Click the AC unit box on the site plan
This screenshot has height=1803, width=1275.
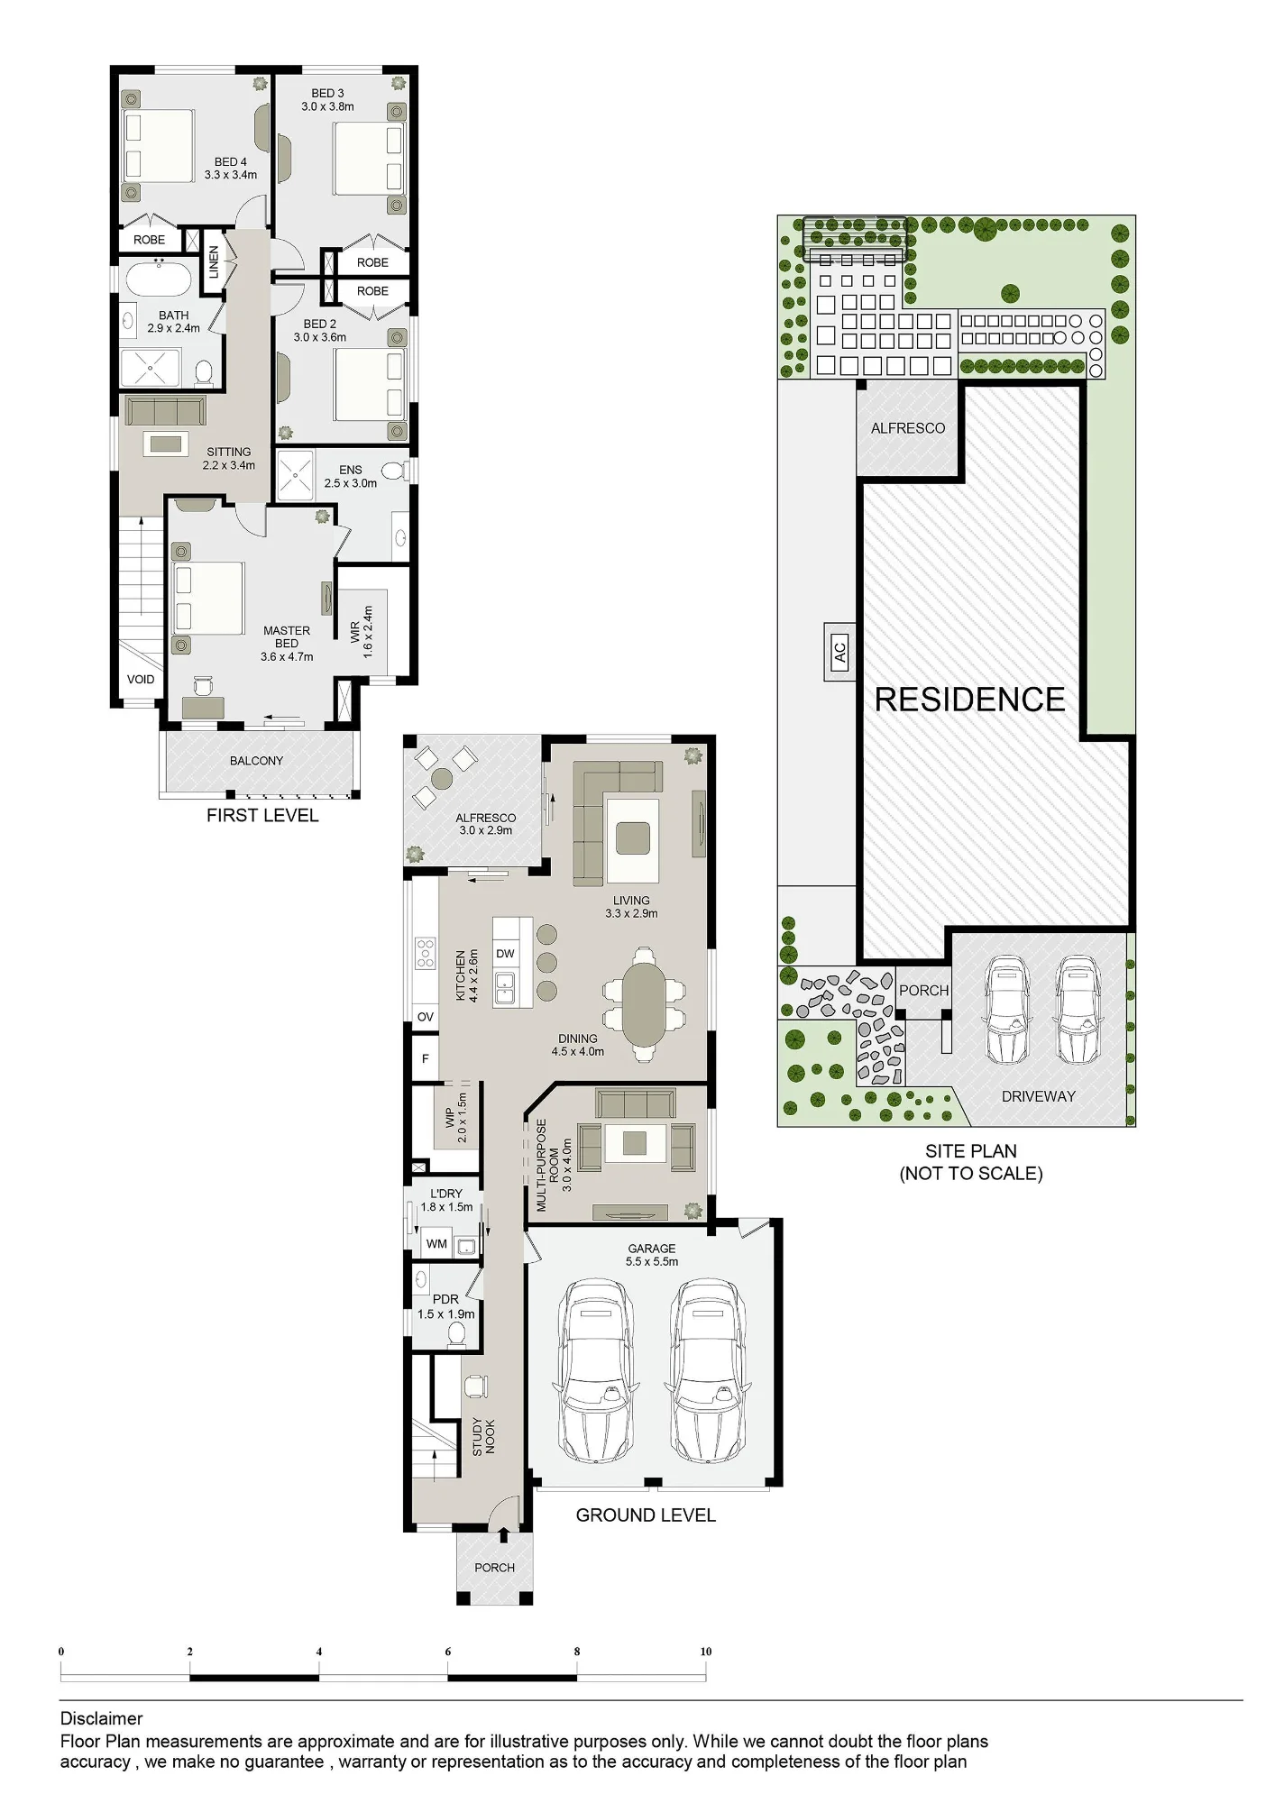tap(839, 651)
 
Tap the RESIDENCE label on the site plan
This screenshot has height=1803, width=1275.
tap(970, 700)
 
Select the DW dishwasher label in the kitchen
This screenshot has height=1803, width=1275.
tap(505, 954)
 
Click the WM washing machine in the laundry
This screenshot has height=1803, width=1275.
tap(436, 1244)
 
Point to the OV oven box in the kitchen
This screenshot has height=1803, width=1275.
tap(426, 1017)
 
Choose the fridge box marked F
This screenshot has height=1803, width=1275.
tap(426, 1058)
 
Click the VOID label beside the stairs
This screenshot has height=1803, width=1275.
tap(141, 680)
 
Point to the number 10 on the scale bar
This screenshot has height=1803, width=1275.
tap(706, 1652)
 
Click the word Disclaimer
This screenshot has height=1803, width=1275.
tap(101, 1718)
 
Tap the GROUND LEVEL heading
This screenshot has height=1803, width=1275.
tap(646, 1515)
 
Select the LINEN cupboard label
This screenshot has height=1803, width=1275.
tap(214, 261)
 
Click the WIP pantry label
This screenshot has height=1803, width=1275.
tap(449, 1118)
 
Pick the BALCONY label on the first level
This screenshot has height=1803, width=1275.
tap(256, 761)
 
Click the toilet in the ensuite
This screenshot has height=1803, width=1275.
tap(394, 471)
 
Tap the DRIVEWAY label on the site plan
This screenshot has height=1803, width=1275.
tap(1039, 1096)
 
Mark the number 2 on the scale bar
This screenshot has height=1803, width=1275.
tap(190, 1652)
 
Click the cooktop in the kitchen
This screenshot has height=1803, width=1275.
tap(424, 954)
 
